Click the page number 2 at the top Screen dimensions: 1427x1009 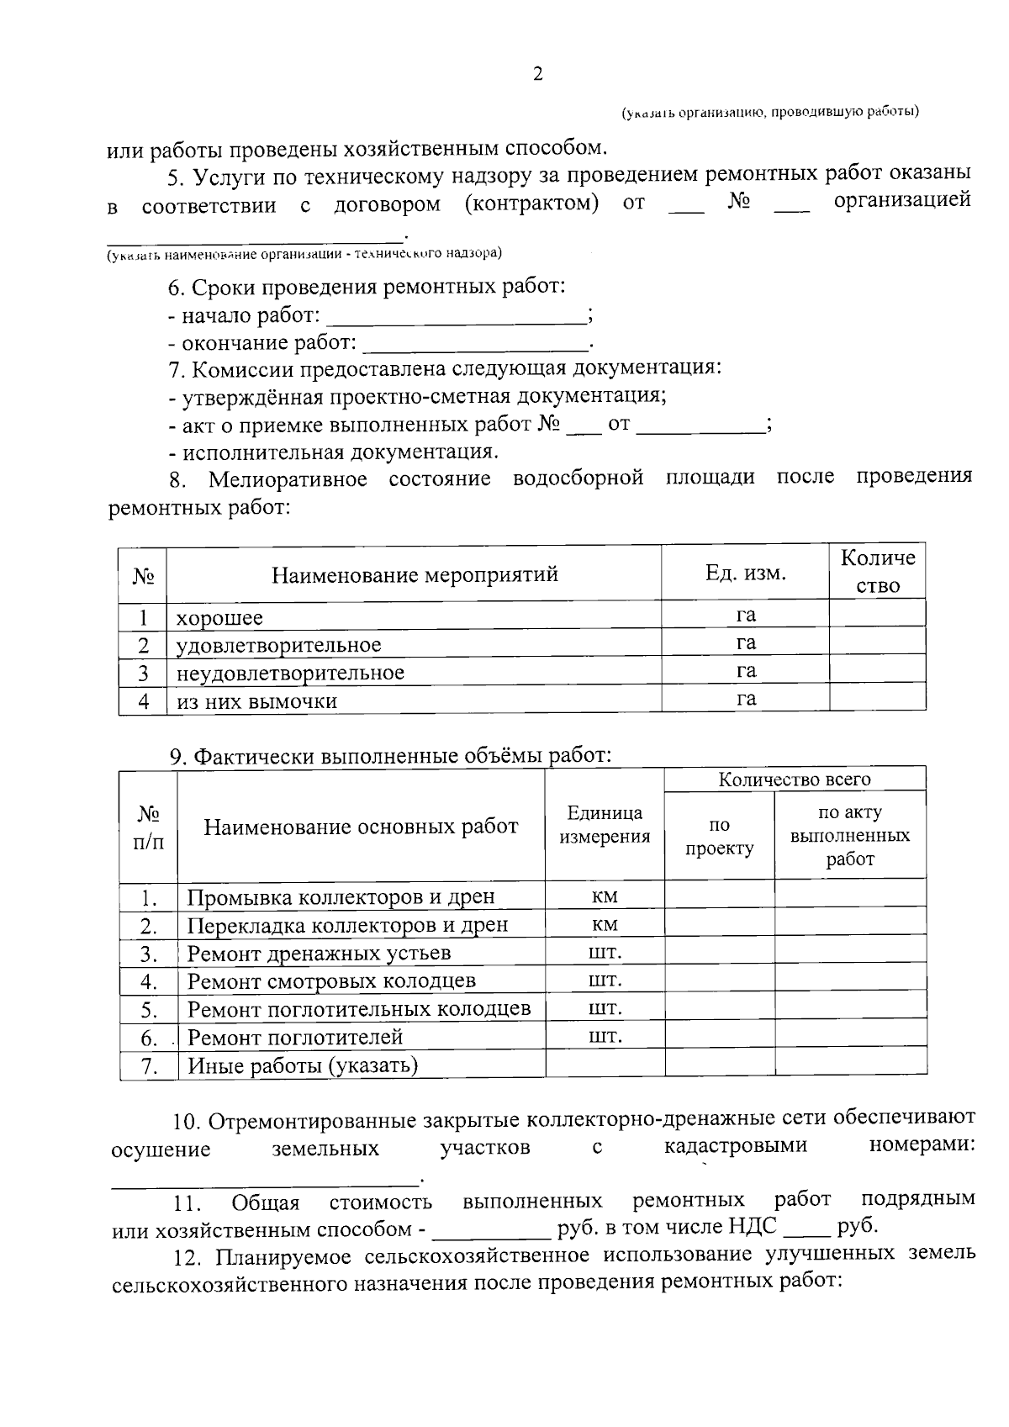click(538, 75)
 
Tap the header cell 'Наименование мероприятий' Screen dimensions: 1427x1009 click(415, 575)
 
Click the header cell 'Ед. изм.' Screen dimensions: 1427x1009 click(745, 573)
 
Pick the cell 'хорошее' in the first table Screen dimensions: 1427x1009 click(219, 618)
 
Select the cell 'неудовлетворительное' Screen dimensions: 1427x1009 click(290, 673)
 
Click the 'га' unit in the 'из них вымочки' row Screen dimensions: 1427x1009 click(746, 699)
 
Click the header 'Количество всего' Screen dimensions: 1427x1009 click(794, 780)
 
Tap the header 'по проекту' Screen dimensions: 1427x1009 click(719, 837)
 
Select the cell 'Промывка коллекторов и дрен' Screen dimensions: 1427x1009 click(341, 897)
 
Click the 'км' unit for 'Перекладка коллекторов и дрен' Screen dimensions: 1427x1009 click(605, 925)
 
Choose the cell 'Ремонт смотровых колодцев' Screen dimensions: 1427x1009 click(331, 981)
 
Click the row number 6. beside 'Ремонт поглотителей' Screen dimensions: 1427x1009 click(150, 1039)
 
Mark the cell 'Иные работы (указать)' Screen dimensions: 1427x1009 click(303, 1066)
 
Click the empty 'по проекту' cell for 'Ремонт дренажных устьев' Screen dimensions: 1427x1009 click(719, 953)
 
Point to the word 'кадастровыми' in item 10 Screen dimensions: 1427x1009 click(735, 1145)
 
